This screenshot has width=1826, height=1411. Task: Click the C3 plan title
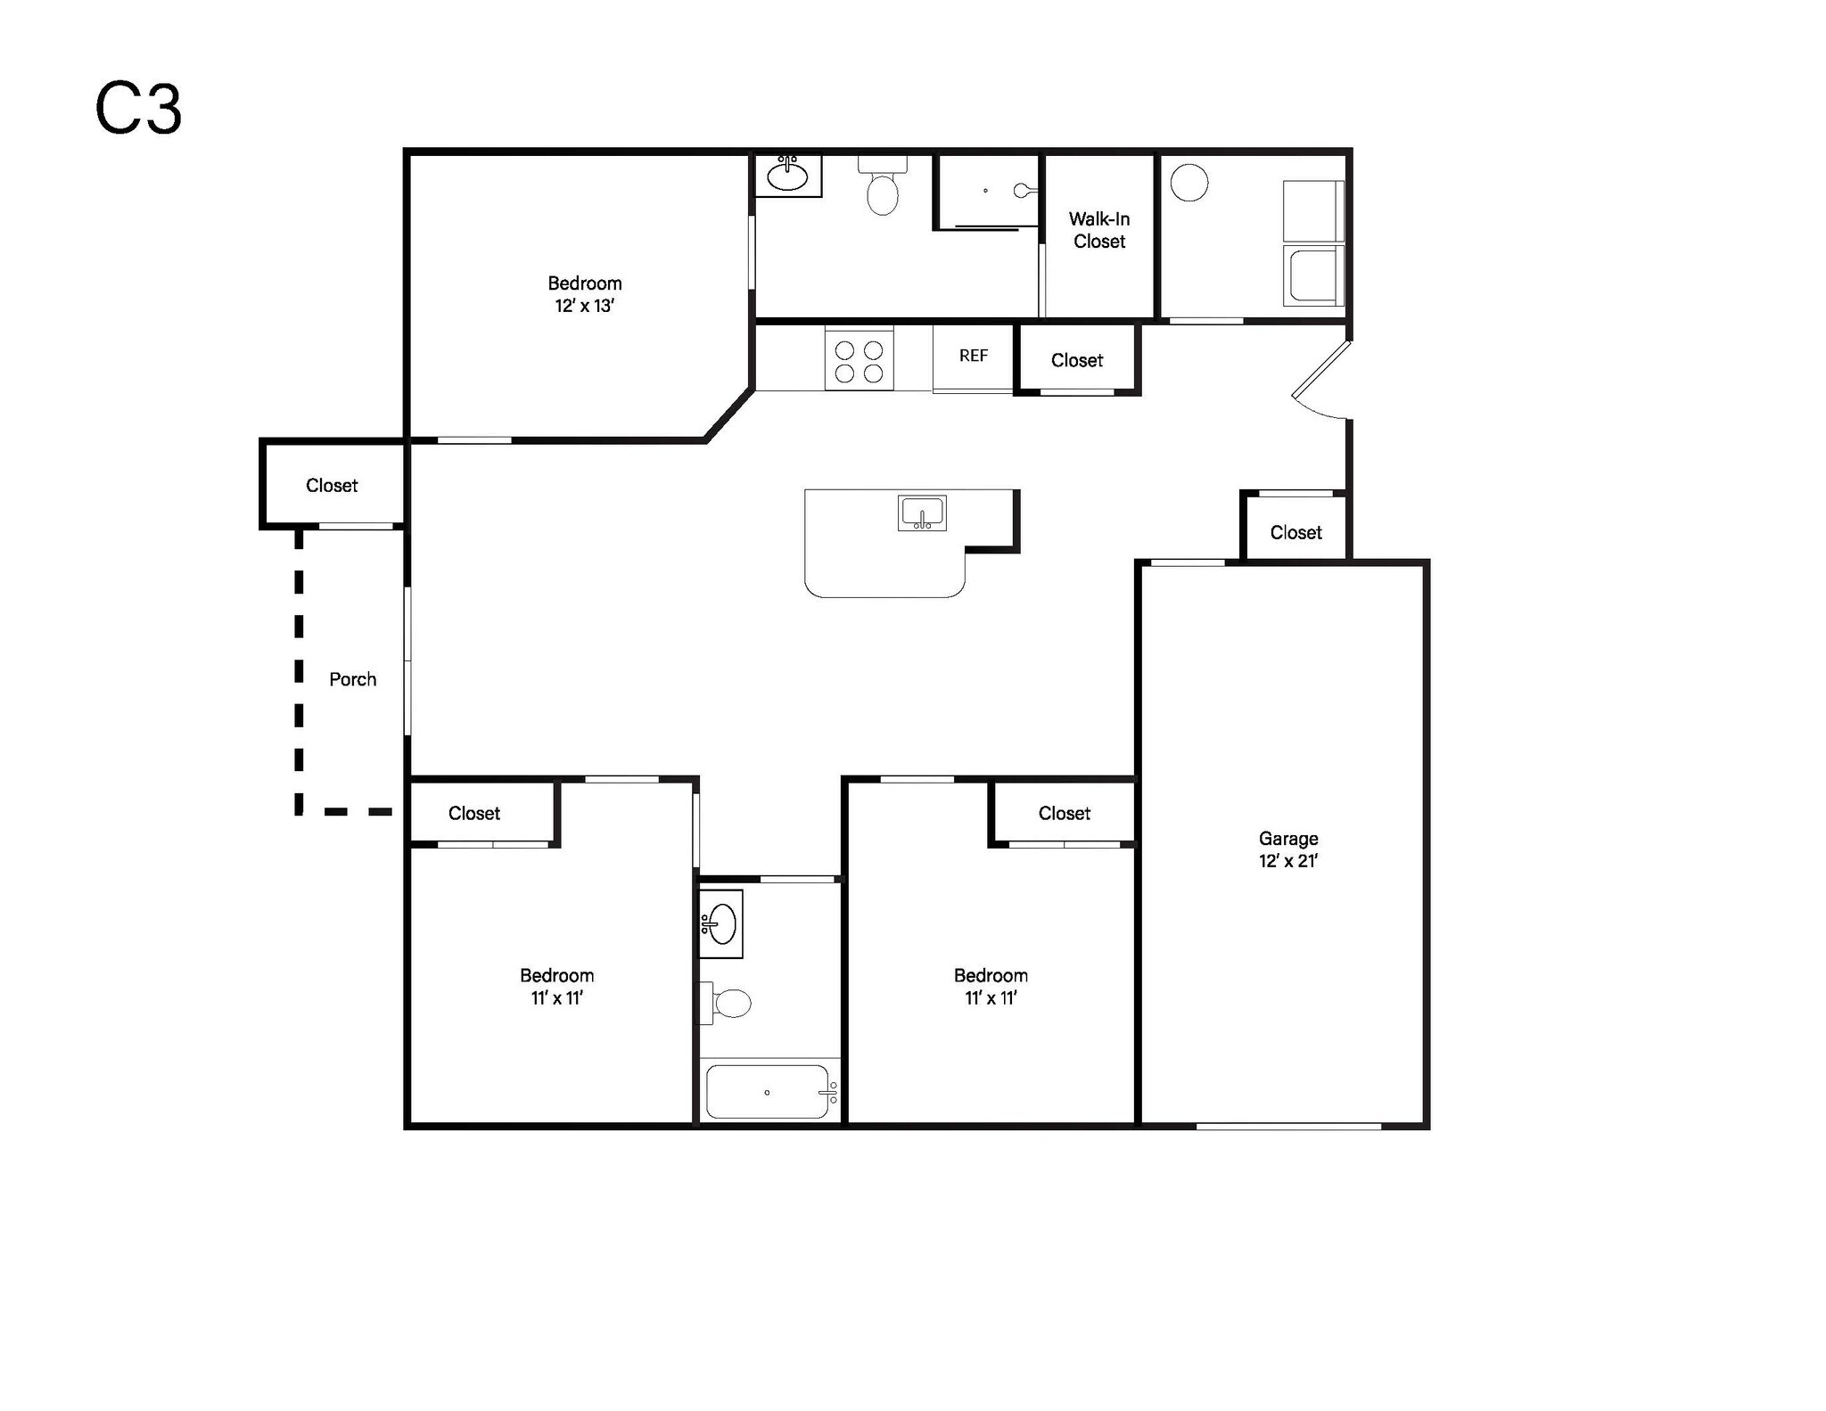click(138, 109)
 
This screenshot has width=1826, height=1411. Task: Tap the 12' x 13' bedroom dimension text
click(584, 306)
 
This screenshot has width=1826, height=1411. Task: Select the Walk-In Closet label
click(1099, 230)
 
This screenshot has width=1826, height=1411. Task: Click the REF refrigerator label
click(973, 356)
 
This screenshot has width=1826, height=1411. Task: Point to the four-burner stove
click(859, 361)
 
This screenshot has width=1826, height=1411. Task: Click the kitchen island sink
click(922, 513)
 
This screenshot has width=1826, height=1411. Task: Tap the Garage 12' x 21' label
click(1287, 849)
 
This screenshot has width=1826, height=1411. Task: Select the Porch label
click(352, 679)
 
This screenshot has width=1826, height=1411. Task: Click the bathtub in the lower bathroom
click(768, 1092)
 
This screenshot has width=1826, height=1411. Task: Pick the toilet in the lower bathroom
click(731, 1004)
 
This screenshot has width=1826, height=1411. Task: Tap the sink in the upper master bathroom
click(788, 176)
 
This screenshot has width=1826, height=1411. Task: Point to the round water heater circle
click(1189, 183)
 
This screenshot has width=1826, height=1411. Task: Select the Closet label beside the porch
click(332, 486)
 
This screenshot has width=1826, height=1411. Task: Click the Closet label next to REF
click(1076, 360)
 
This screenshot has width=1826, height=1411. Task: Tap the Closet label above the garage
click(1295, 532)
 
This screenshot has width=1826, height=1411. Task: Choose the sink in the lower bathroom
click(721, 923)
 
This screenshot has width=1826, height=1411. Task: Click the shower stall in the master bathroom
click(988, 192)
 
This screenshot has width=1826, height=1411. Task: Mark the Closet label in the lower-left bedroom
click(473, 813)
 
